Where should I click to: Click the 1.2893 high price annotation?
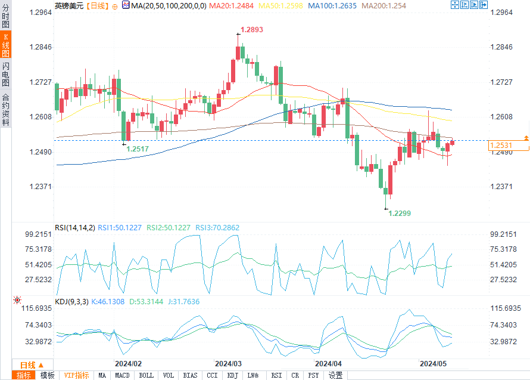251,29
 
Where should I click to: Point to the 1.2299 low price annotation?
399,213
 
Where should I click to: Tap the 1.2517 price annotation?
138,149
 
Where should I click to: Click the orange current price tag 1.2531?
501,146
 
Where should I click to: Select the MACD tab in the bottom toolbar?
122,375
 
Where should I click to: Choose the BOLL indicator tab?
146,375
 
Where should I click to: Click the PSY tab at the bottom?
313,375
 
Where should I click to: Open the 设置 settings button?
336,375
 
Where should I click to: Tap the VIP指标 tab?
77,375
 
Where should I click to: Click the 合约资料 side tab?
5,110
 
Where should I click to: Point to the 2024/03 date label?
228,363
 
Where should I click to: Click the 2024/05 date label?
433,363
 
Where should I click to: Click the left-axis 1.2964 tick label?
41,12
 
